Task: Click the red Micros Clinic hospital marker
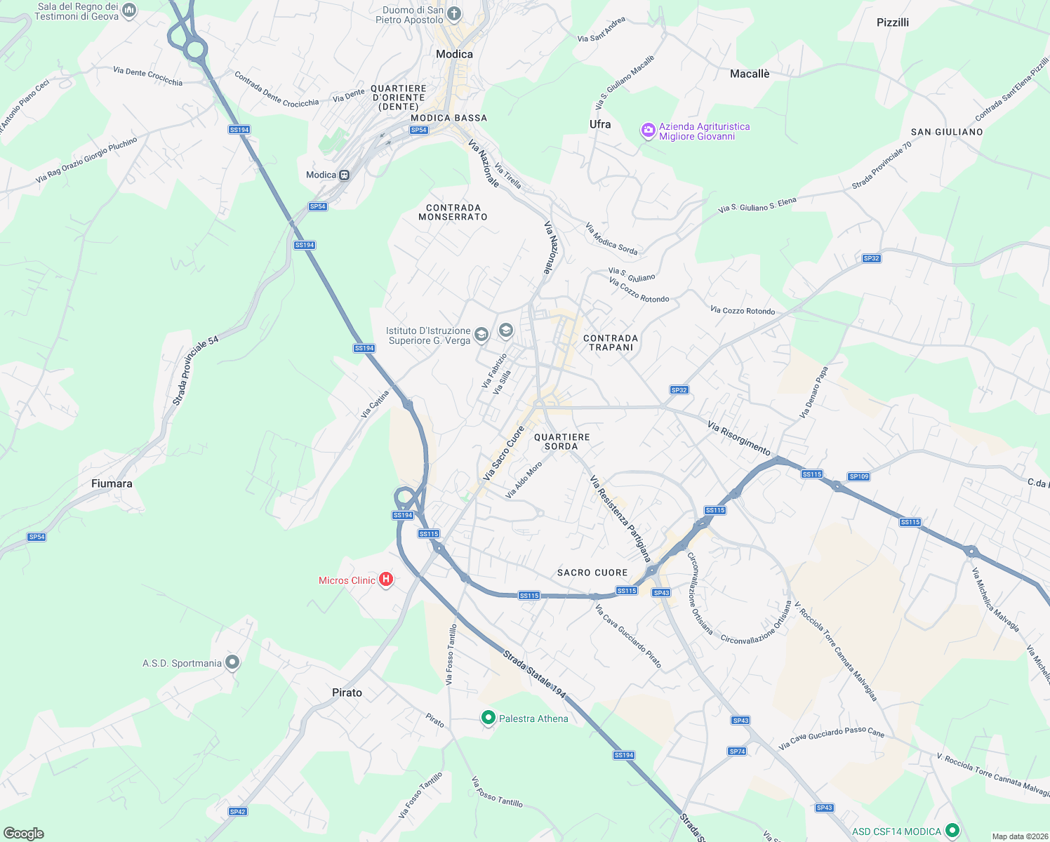tap(385, 580)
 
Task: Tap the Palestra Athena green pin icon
tap(488, 718)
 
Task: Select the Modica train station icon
tap(344, 175)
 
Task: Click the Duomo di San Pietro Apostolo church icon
tap(454, 13)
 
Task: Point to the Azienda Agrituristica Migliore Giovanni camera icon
tap(648, 131)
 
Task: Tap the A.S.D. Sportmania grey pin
tap(232, 662)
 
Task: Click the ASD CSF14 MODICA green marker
tap(952, 831)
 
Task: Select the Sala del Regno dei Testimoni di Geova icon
tap(128, 10)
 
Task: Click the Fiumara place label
tap(112, 483)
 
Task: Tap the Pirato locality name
tap(347, 693)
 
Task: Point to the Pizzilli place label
tap(892, 22)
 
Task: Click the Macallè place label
tap(750, 74)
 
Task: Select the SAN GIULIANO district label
tap(946, 132)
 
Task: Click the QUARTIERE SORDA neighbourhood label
tap(561, 441)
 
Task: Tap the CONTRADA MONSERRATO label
tap(453, 212)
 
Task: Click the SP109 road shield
tap(858, 476)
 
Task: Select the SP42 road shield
tap(238, 812)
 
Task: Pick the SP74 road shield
tap(737, 751)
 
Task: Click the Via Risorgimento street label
tap(738, 438)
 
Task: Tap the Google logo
tap(24, 833)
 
